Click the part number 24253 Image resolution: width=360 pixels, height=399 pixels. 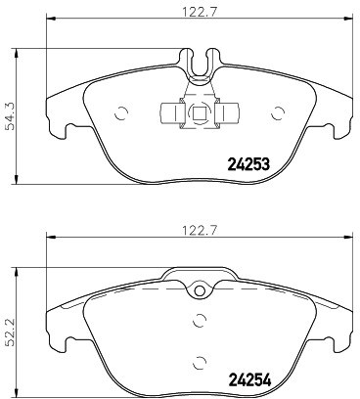click(248, 164)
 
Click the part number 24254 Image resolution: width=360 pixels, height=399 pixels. click(250, 379)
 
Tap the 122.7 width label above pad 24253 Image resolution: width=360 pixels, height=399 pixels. click(200, 14)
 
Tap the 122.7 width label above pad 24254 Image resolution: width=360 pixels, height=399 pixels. click(200, 231)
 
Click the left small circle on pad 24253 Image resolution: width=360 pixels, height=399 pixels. click(121, 113)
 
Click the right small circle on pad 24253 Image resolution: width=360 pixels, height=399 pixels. click(278, 113)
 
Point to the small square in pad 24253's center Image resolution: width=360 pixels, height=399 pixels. click(200, 113)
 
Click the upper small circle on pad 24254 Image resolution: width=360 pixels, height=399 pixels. click(200, 321)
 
